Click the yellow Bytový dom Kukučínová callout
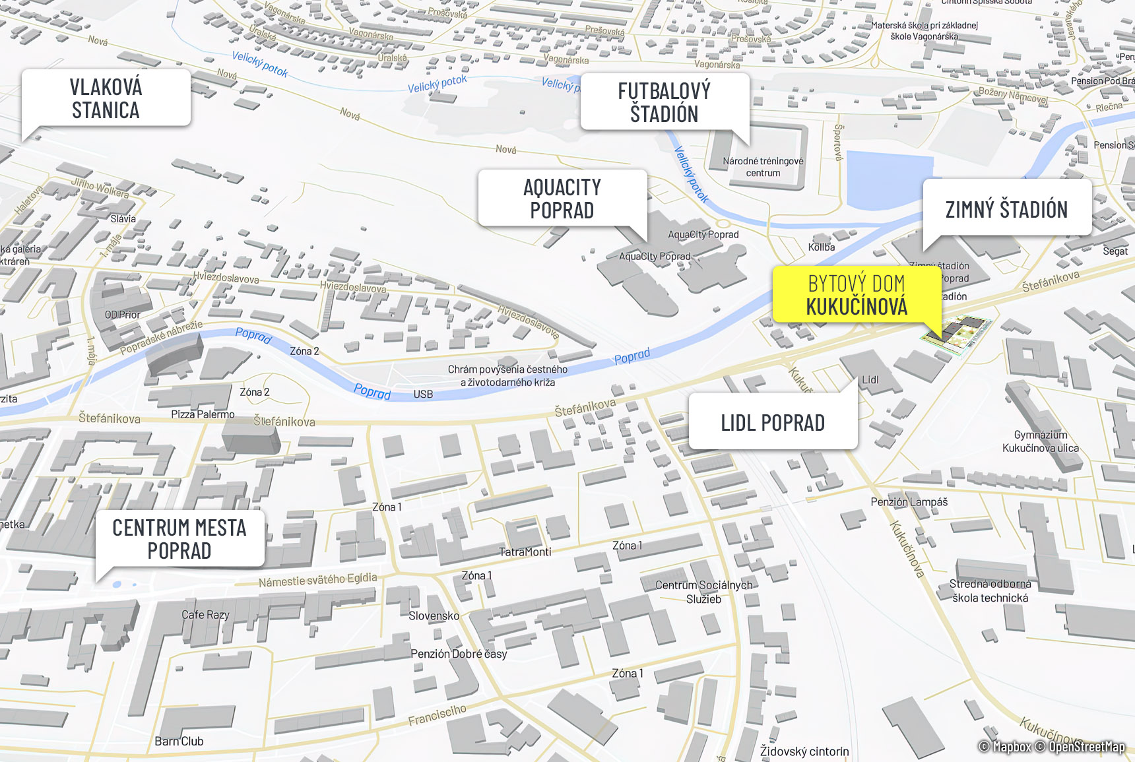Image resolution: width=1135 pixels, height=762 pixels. (x=857, y=295)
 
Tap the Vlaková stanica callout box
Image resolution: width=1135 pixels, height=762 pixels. (x=106, y=98)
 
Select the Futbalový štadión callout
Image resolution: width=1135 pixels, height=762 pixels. (x=664, y=102)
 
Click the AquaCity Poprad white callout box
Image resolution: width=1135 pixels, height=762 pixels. (x=562, y=199)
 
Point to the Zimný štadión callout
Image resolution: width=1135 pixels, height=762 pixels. (x=1006, y=209)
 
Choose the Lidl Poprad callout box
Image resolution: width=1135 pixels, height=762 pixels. (x=773, y=422)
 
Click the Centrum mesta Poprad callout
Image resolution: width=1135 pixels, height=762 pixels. (x=179, y=538)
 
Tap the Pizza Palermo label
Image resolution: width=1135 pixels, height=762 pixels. (x=203, y=414)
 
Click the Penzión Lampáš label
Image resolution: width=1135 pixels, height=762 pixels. (x=909, y=502)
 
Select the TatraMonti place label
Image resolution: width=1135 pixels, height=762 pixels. (x=525, y=552)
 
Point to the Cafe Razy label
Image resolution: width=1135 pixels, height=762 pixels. (x=205, y=615)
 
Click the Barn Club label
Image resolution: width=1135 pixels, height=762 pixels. (x=179, y=741)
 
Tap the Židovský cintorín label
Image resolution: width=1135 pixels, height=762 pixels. (x=804, y=751)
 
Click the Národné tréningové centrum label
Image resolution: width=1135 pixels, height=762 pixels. (x=763, y=167)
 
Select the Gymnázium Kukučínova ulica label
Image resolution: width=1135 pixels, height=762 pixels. (x=1041, y=441)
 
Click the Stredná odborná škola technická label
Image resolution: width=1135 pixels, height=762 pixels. (x=990, y=591)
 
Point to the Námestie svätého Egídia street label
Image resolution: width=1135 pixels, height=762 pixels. (x=317, y=580)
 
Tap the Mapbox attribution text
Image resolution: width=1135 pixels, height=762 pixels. (x=1010, y=747)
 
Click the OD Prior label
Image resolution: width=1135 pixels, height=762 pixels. (x=123, y=315)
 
